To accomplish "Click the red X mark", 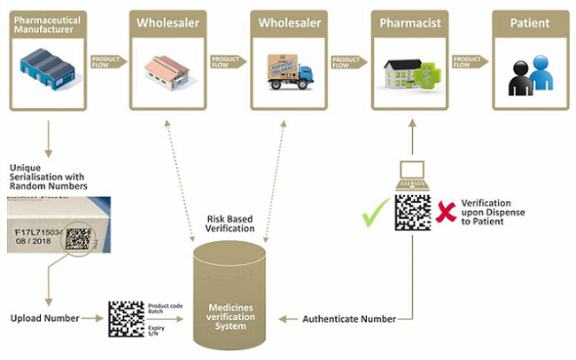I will coord(447,211).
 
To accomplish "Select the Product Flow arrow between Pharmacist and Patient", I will coord(468,61).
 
